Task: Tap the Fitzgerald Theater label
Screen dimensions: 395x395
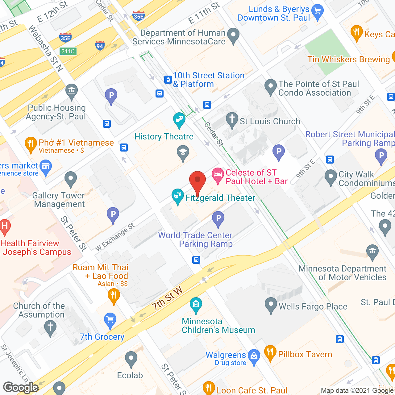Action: (x=220, y=198)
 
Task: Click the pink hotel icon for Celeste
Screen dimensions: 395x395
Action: (x=218, y=175)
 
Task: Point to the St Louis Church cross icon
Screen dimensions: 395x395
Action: (x=232, y=120)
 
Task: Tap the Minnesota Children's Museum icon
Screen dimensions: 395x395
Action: (x=196, y=305)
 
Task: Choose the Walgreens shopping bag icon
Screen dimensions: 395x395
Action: (x=254, y=356)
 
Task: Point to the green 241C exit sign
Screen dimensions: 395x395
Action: (x=68, y=51)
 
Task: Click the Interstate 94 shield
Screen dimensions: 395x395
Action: (x=99, y=46)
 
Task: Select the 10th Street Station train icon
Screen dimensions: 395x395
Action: (x=168, y=80)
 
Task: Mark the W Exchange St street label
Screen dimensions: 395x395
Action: (x=115, y=237)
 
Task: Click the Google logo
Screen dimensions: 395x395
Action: (x=21, y=387)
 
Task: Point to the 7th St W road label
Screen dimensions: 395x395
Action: (x=167, y=298)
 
